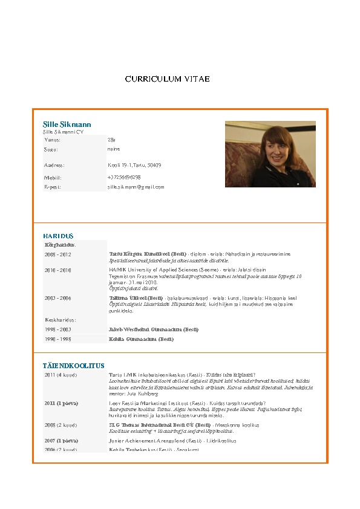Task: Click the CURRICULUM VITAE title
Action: (168, 79)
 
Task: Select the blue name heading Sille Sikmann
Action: (67, 125)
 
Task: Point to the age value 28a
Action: (111, 140)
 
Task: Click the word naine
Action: (114, 149)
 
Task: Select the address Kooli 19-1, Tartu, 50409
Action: (134, 165)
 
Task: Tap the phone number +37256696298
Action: (124, 178)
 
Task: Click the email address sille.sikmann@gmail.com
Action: (136, 187)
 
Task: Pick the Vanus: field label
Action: (53, 140)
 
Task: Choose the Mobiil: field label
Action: (53, 178)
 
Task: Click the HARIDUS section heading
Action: (58, 235)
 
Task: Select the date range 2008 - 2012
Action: (57, 254)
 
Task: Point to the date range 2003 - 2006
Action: (57, 298)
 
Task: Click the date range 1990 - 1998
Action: (57, 340)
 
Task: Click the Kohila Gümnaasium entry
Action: (141, 340)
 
